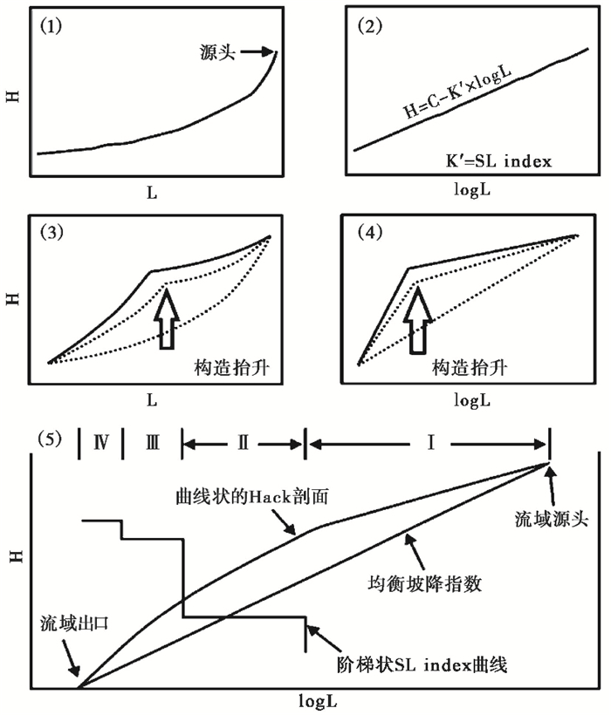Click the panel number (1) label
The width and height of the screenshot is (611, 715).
coord(51,27)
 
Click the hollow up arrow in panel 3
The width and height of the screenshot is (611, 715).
coord(166,321)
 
